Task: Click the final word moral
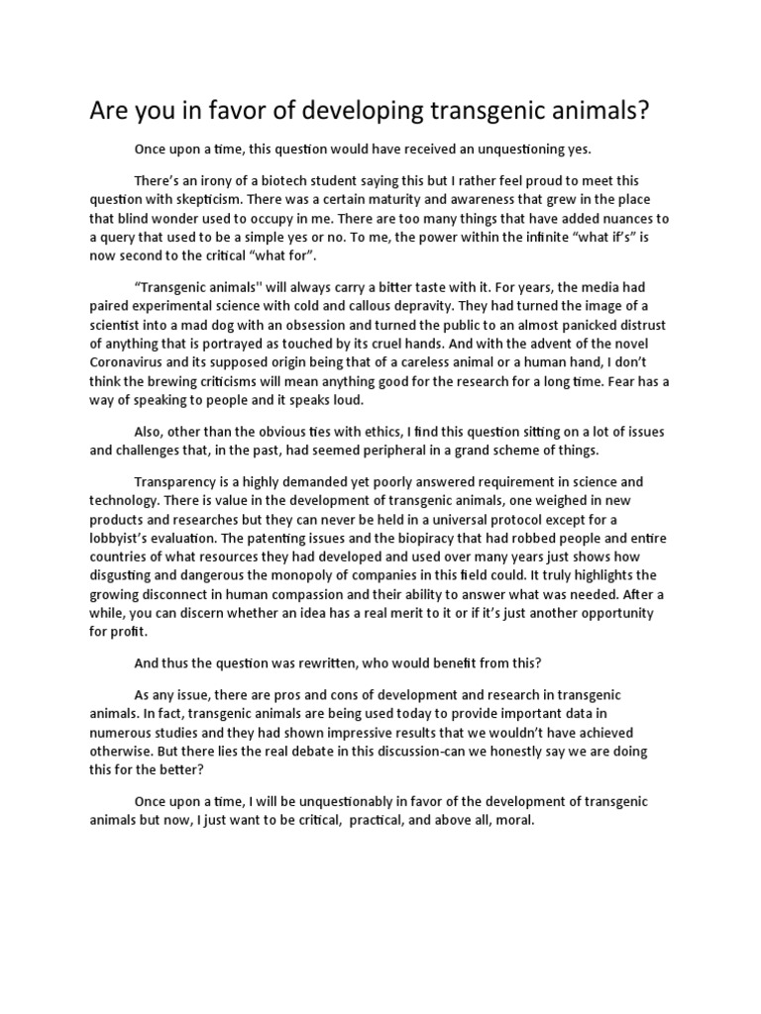513,821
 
